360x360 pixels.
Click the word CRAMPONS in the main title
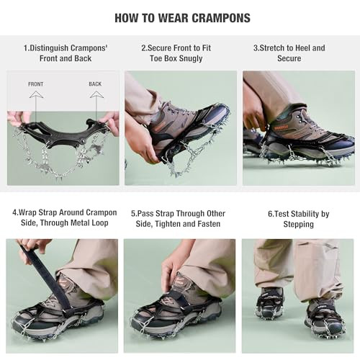click(x=221, y=18)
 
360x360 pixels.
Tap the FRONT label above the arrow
click(x=36, y=84)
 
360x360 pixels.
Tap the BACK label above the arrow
click(x=95, y=84)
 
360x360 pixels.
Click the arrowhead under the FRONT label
click(x=36, y=94)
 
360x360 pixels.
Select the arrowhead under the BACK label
click(x=96, y=94)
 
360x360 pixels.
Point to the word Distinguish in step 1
click(x=49, y=48)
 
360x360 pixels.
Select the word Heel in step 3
click(x=302, y=48)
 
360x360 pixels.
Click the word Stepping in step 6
click(x=298, y=225)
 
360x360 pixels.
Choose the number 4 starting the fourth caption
click(x=14, y=212)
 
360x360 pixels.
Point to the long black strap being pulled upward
click(x=45, y=276)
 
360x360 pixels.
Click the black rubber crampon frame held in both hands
click(x=63, y=133)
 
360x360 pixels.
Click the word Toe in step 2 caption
click(x=156, y=58)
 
